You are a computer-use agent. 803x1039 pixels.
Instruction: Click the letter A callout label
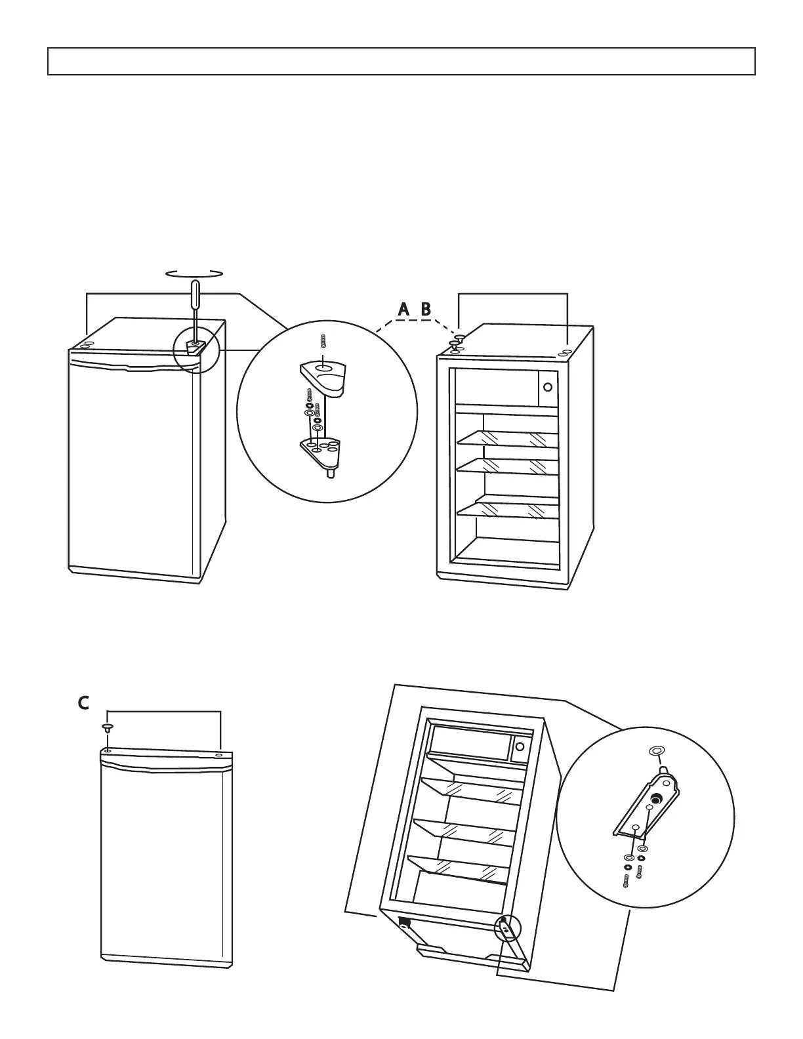click(x=404, y=310)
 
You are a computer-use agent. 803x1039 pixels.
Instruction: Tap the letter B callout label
click(x=426, y=310)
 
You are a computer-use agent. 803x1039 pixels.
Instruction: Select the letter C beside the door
click(x=83, y=703)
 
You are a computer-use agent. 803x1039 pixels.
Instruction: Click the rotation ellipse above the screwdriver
click(x=194, y=274)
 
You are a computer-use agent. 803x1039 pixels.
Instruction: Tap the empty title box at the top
click(x=401, y=61)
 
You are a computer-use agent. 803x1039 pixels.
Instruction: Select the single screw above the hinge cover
click(x=323, y=341)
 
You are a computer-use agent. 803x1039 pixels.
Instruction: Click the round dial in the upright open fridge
click(x=547, y=387)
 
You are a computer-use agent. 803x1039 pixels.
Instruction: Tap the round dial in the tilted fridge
click(x=520, y=746)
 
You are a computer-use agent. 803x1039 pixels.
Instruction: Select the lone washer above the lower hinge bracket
click(x=655, y=750)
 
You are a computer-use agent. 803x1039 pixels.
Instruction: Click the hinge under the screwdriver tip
click(x=195, y=345)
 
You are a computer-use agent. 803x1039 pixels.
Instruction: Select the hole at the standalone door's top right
click(x=218, y=756)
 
